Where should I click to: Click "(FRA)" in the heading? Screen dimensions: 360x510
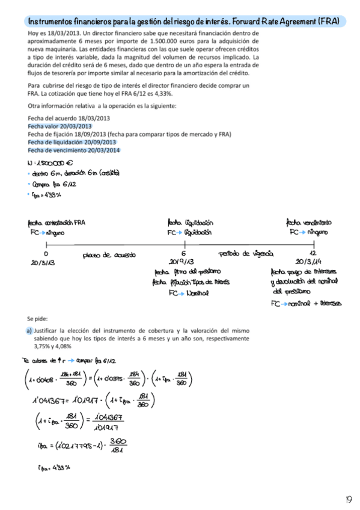pyautogui.click(x=327, y=21)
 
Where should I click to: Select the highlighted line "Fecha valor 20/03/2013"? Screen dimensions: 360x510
pyautogui.click(x=59, y=127)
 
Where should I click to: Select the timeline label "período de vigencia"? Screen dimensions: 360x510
pyautogui.click(x=246, y=254)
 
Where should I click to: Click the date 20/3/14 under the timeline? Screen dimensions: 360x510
pyautogui.click(x=311, y=263)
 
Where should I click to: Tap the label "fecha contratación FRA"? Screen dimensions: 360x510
pyautogui.click(x=57, y=222)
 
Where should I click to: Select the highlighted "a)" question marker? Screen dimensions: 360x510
pyautogui.click(x=29, y=331)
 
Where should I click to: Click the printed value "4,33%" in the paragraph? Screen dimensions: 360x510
pyautogui.click(x=183, y=94)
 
